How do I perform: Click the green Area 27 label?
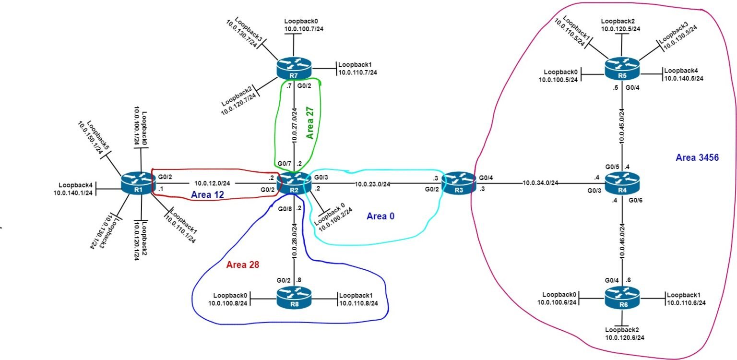point(310,129)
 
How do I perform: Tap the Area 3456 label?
point(697,157)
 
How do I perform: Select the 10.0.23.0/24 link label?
point(375,183)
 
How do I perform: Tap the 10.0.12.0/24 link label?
point(214,183)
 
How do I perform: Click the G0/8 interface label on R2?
point(284,208)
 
